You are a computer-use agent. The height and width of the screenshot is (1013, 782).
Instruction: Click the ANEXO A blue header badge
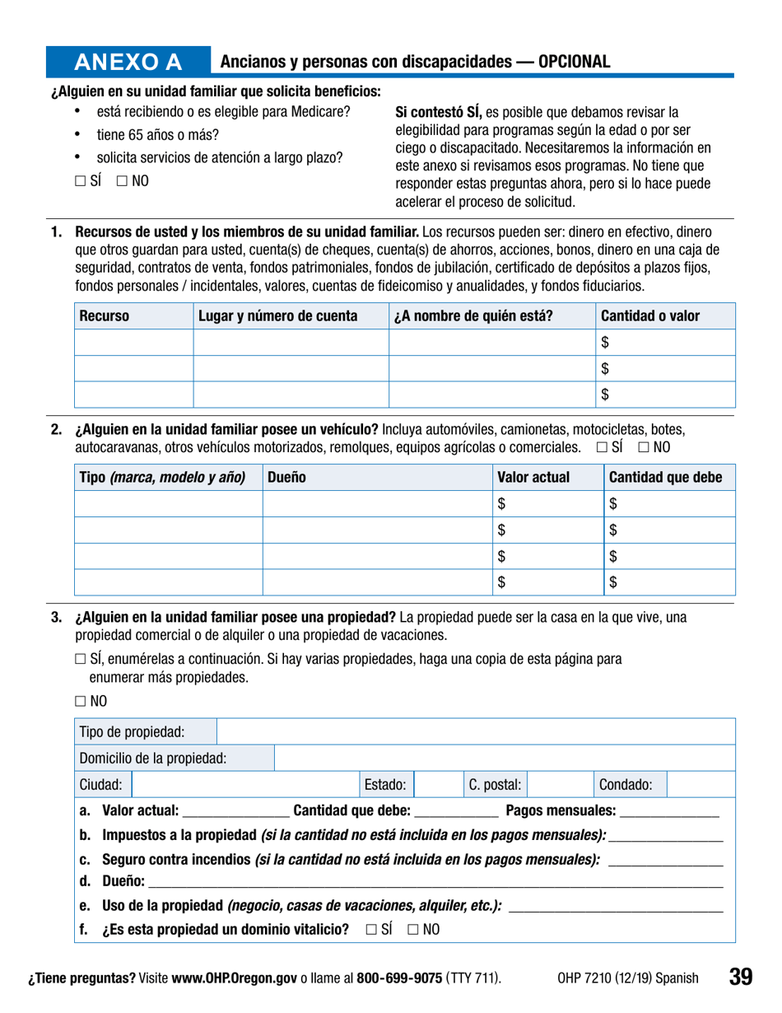point(128,63)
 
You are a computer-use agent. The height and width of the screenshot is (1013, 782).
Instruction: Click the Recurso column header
point(103,315)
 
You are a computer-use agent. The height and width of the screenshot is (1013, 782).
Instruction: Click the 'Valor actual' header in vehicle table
point(534,477)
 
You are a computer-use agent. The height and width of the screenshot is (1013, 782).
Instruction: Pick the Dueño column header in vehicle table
point(286,477)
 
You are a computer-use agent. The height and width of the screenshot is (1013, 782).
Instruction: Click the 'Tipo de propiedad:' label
point(133,731)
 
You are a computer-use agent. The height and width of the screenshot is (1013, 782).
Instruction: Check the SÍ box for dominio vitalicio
point(369,930)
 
